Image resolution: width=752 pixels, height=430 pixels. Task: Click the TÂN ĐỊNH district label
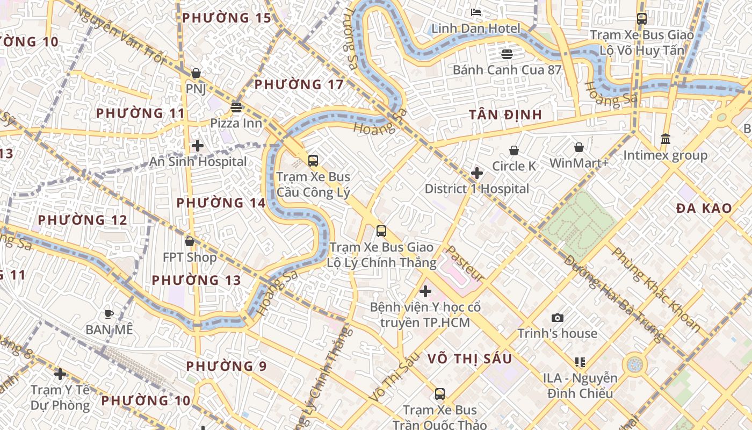pos(505,115)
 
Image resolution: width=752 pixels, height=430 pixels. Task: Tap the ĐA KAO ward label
pos(704,209)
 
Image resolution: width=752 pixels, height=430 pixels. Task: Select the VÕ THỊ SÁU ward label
pos(469,359)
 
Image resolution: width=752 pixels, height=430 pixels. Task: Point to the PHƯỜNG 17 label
pos(299,84)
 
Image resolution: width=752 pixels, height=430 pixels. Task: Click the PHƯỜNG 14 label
pos(221,203)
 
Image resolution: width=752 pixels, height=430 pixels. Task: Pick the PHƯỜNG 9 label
pos(226,366)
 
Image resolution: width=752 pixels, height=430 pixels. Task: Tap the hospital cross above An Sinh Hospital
pos(198,145)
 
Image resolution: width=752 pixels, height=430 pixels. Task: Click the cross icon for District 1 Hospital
pos(476,173)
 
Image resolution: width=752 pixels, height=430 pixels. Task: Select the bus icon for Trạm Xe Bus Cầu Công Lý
pos(313,160)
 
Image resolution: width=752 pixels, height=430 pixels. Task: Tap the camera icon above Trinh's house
pos(558,318)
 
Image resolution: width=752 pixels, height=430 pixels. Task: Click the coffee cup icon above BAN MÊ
pos(109,313)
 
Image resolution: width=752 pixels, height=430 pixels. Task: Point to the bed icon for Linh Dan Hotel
pos(476,12)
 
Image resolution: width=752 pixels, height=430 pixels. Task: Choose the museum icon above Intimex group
pos(666,139)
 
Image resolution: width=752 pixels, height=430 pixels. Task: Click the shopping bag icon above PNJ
pos(196,73)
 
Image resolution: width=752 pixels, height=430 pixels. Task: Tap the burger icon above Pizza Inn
pos(236,107)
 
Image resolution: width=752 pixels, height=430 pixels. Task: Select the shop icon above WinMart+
pos(579,147)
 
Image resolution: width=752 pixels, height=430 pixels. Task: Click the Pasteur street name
pos(465,264)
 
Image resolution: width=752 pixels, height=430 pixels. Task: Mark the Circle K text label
pos(514,166)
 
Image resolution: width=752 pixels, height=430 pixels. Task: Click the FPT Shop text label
pos(190,257)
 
